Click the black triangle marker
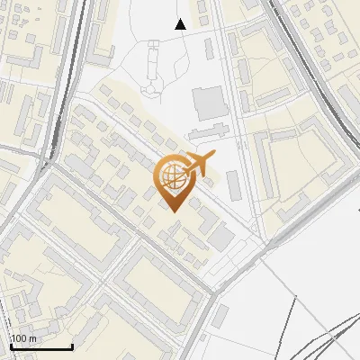click(181, 24)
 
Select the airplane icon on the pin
click(199, 163)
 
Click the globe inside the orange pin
click(171, 177)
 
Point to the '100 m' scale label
click(23, 338)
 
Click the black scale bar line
click(40, 346)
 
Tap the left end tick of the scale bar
click(10, 345)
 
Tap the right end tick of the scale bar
click(72, 345)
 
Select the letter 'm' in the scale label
click(31, 338)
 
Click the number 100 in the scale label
click(20, 338)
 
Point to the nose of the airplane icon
click(215, 157)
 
